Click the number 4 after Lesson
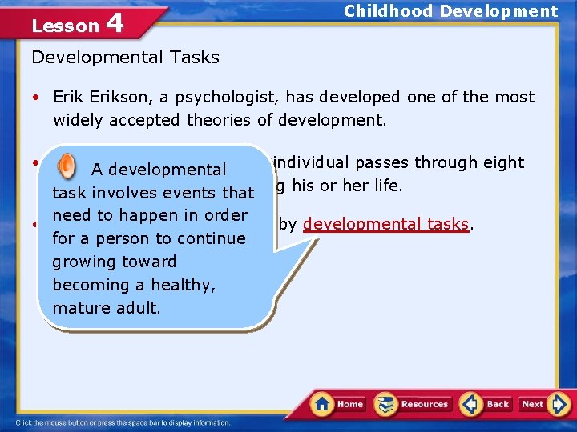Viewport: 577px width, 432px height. pyautogui.click(x=115, y=23)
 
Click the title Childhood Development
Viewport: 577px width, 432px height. pyautogui.click(x=450, y=11)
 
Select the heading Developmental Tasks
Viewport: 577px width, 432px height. pyautogui.click(x=125, y=57)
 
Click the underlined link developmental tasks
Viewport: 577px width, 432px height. pyautogui.click(x=385, y=224)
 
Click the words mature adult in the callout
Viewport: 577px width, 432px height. pyautogui.click(x=106, y=307)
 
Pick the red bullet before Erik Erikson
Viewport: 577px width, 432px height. pyautogui.click(x=37, y=98)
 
